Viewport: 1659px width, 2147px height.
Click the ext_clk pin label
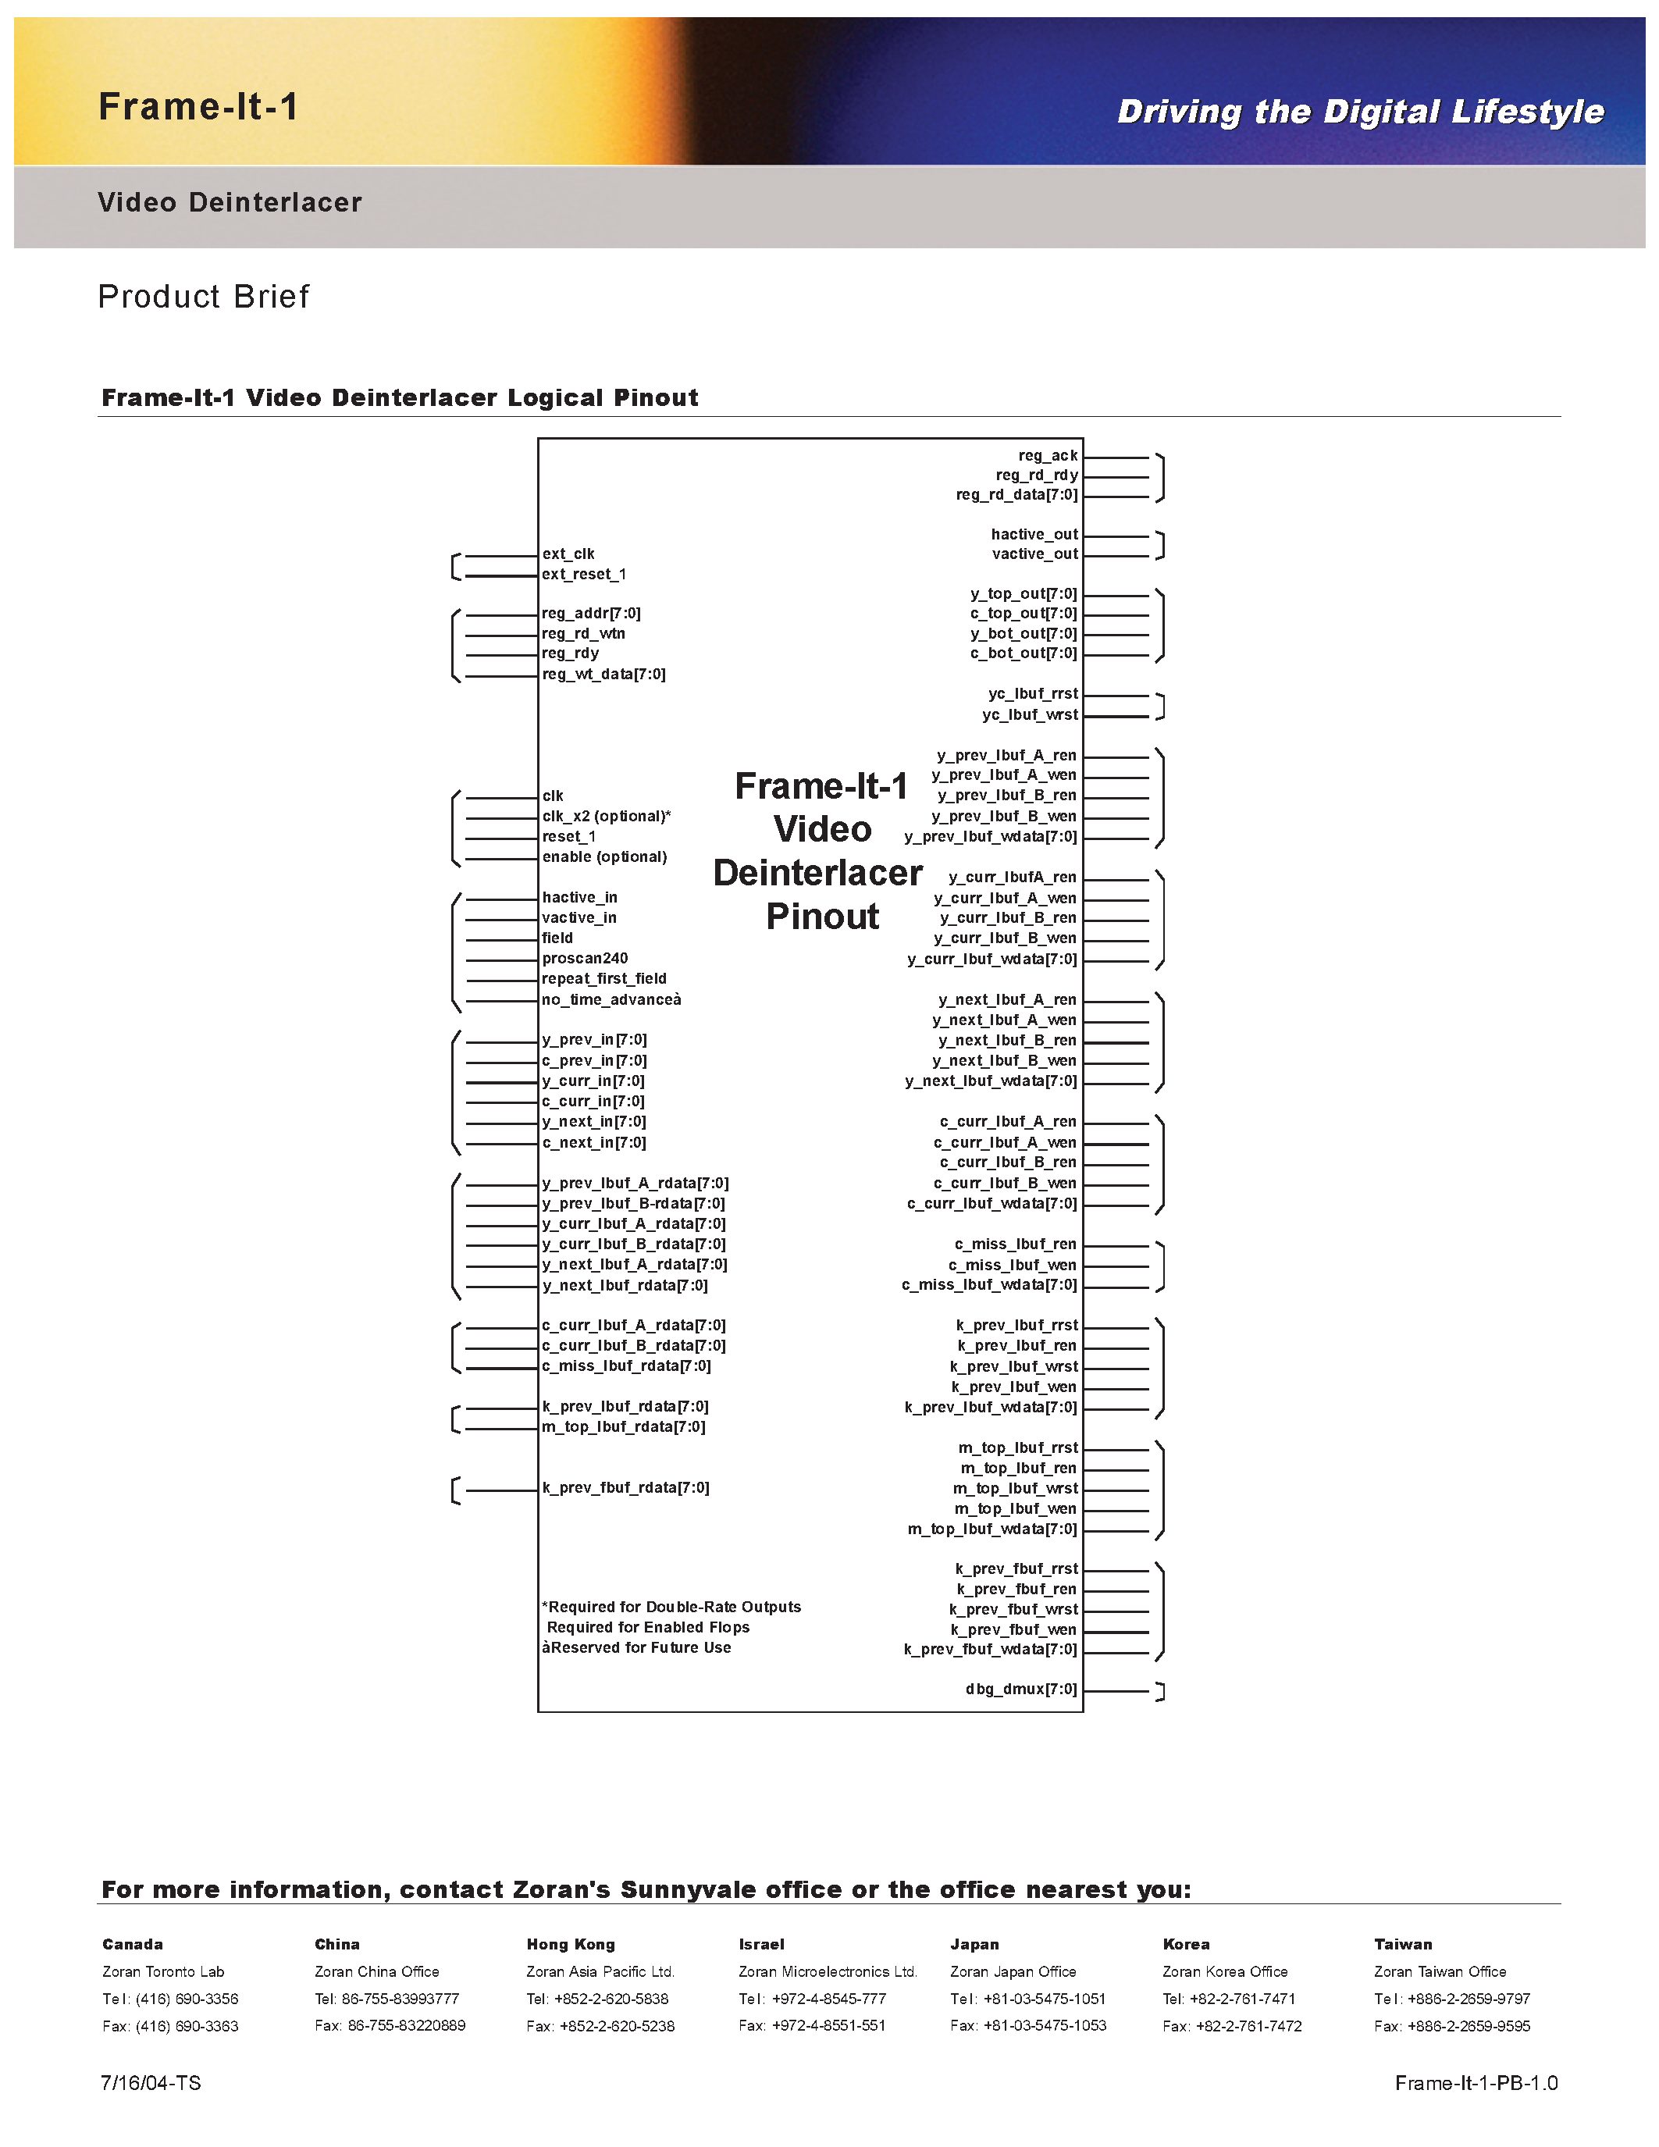click(568, 554)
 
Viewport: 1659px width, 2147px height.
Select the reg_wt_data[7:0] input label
click(603, 675)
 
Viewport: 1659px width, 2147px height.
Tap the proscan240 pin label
click(585, 959)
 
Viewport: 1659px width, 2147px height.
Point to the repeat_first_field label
click(604, 979)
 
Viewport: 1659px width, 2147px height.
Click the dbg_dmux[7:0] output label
click(1021, 1689)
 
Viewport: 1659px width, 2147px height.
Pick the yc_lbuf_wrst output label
click(1030, 714)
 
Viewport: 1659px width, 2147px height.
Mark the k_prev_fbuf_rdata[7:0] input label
click(626, 1487)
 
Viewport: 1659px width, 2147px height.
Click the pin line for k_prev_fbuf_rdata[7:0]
click(501, 1490)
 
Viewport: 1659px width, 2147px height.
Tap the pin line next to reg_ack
click(1116, 458)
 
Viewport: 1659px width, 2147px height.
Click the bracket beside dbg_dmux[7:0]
click(1162, 1691)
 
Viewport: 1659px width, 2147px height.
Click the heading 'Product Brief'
click(204, 296)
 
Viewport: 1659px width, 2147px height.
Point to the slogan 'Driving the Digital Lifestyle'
click(1360, 112)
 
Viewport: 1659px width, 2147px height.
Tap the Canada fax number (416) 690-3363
click(187, 2025)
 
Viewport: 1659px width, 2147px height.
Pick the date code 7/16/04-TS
click(151, 2083)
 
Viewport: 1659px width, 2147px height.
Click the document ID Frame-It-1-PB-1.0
click(1476, 2083)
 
